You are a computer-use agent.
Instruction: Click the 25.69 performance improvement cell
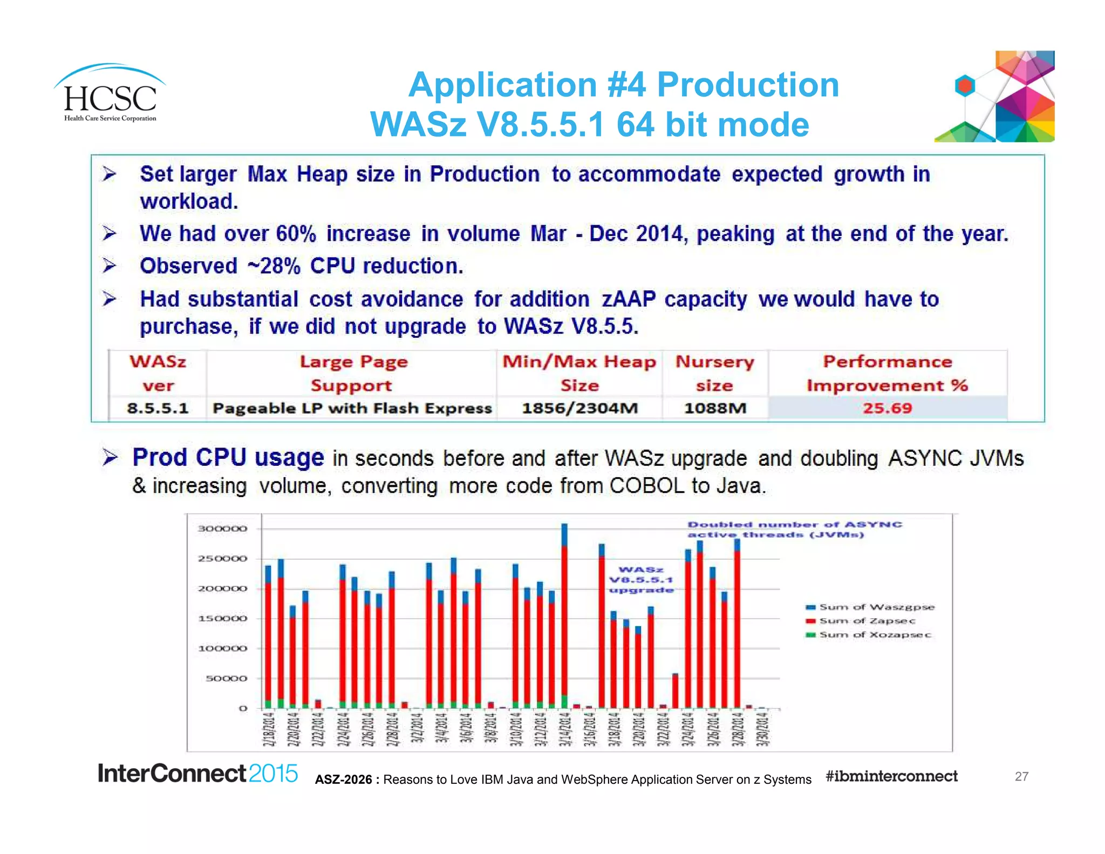point(887,408)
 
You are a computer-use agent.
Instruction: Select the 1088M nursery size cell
point(715,408)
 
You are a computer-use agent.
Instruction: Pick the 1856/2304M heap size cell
point(579,408)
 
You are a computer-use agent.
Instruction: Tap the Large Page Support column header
point(353,373)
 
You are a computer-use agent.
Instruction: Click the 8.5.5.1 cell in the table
point(158,408)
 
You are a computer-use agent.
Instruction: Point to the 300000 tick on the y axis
point(222,528)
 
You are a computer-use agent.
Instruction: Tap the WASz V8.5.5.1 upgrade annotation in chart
point(641,580)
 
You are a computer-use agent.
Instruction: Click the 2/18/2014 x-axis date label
point(268,730)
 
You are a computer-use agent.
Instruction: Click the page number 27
point(1021,776)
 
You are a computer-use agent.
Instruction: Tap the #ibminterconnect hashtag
point(891,776)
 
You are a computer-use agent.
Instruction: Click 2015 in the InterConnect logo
point(273,774)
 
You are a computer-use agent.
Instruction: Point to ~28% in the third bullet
point(274,266)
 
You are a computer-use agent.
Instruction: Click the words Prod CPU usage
point(228,458)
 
